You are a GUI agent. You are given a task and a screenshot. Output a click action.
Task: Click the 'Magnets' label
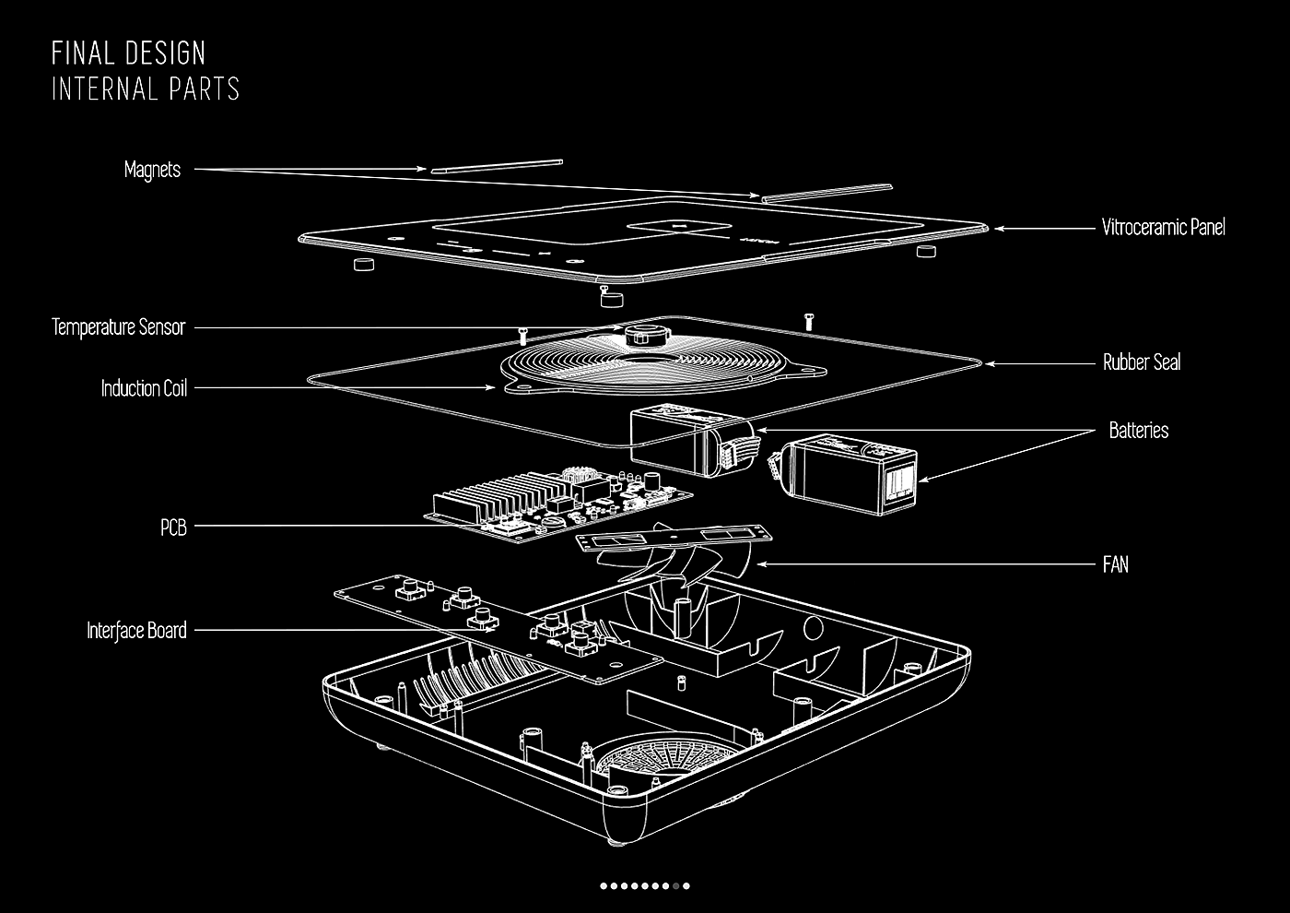pyautogui.click(x=152, y=170)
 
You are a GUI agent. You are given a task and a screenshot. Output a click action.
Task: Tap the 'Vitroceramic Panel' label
pyautogui.click(x=1163, y=227)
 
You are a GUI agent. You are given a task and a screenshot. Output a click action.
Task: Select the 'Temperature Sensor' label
pyautogui.click(x=118, y=327)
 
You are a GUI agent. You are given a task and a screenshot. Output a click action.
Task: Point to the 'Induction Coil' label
pyautogui.click(x=144, y=388)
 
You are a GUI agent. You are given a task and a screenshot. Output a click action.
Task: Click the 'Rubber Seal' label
pyautogui.click(x=1141, y=362)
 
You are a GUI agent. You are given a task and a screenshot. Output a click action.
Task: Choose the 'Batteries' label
pyautogui.click(x=1138, y=431)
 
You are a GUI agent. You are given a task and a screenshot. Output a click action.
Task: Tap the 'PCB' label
pyautogui.click(x=173, y=528)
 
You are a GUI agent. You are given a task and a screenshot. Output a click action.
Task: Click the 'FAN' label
pyautogui.click(x=1115, y=563)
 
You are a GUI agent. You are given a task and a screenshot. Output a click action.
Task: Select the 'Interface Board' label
pyautogui.click(x=136, y=631)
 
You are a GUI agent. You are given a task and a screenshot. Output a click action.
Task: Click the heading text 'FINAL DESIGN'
pyautogui.click(x=128, y=53)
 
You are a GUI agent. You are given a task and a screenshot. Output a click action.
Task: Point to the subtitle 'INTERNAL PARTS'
pyautogui.click(x=146, y=89)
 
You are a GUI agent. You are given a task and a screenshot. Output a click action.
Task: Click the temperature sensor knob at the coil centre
pyautogui.click(x=643, y=334)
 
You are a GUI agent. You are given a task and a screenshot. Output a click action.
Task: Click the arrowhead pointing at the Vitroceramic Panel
pyautogui.click(x=998, y=228)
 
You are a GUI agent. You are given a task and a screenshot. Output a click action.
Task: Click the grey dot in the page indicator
pyautogui.click(x=676, y=886)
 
